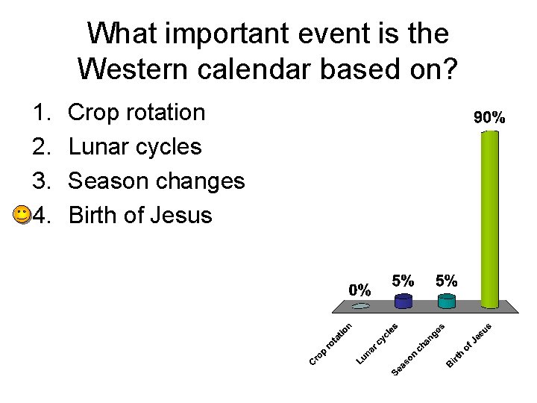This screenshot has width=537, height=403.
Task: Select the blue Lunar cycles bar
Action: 403,301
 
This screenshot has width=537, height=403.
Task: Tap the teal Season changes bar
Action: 447,301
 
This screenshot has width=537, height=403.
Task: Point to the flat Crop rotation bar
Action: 361,306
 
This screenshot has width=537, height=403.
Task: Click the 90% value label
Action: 490,117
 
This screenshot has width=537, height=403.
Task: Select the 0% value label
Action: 360,289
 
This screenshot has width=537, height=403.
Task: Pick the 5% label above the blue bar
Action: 403,281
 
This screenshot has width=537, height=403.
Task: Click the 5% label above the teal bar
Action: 447,281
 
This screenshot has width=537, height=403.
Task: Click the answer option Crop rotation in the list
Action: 136,113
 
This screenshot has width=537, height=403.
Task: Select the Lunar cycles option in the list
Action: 135,147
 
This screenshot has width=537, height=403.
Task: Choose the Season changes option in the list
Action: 156,181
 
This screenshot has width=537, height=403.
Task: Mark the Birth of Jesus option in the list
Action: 140,216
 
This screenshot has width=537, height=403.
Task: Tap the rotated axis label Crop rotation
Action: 330,343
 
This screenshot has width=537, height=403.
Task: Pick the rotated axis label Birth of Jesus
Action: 469,345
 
